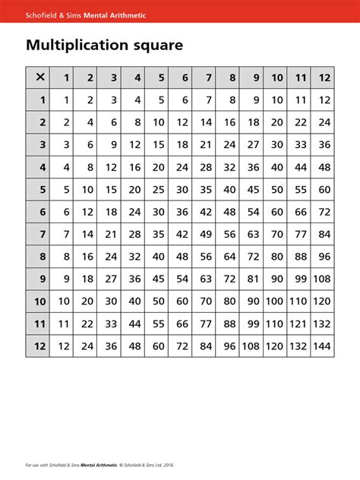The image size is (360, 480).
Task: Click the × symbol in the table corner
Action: click(37, 77)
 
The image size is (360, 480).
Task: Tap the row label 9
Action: click(43, 279)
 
